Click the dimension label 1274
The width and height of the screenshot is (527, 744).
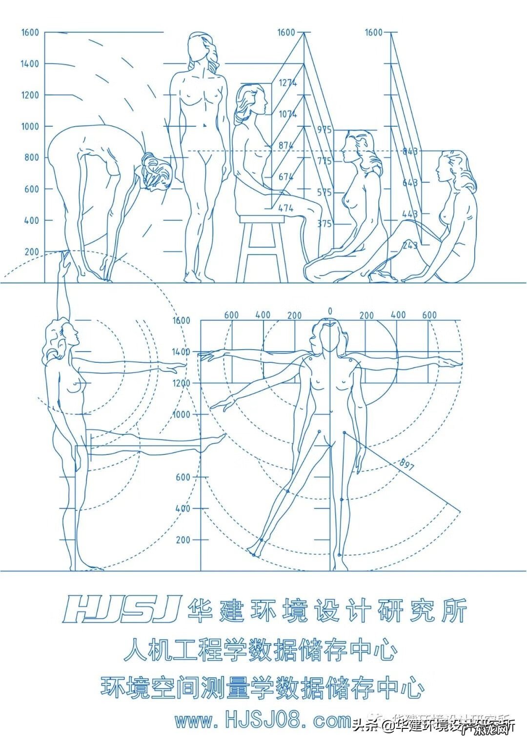287,83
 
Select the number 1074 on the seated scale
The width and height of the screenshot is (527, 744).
287,114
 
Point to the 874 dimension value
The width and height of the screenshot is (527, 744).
286,145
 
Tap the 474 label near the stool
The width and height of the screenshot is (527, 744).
286,208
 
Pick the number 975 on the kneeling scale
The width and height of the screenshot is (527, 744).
324,130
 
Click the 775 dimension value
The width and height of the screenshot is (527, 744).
324,161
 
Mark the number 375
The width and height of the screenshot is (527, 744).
324,224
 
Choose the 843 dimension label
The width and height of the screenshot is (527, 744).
410,151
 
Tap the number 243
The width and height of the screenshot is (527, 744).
410,245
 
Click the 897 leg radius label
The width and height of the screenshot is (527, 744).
406,465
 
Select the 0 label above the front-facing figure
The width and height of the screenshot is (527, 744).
330,311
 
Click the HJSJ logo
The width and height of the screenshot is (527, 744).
122,609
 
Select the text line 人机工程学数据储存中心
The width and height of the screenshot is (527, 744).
261,650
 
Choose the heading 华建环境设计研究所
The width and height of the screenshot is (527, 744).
327,609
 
